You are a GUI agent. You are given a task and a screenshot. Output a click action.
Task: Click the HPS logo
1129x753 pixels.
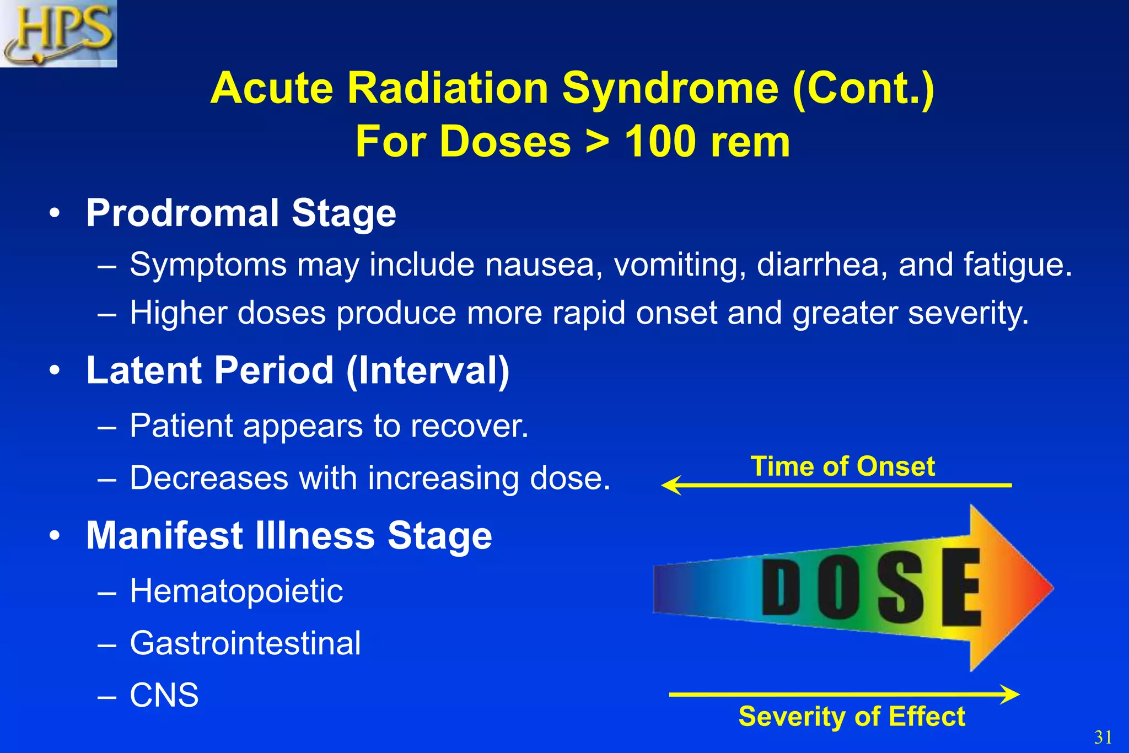pyautogui.click(x=58, y=33)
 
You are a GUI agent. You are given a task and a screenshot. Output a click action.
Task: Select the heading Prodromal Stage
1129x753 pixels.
pyautogui.click(x=241, y=213)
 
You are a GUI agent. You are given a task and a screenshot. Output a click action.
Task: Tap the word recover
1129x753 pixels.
pyautogui.click(x=469, y=426)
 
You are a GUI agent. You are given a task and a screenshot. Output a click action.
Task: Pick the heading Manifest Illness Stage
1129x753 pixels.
pyautogui.click(x=289, y=536)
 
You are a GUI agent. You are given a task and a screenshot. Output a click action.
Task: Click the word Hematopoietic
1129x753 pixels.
pyautogui.click(x=236, y=591)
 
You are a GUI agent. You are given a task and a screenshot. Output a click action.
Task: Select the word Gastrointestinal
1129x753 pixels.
pyautogui.click(x=245, y=643)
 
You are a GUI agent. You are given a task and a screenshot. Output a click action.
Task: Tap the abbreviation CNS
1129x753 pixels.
pyautogui.click(x=164, y=695)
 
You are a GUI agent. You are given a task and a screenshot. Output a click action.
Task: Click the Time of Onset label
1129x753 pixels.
pyautogui.click(x=842, y=466)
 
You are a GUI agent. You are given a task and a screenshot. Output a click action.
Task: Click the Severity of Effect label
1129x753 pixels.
pyautogui.click(x=851, y=717)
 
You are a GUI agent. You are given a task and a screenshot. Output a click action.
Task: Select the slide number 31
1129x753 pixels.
pyautogui.click(x=1103, y=737)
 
